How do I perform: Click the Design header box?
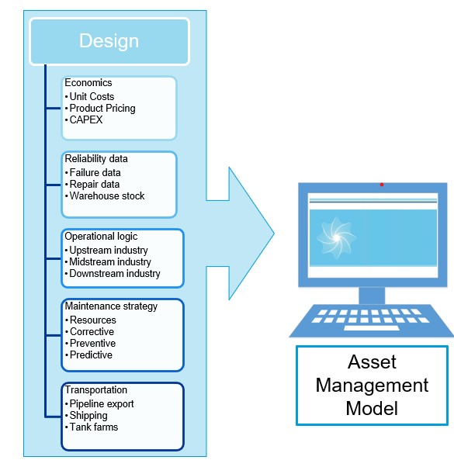coord(109,41)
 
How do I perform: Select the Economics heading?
coord(88,84)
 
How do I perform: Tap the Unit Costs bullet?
coord(92,96)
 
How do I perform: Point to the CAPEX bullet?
coord(86,120)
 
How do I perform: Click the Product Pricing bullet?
coord(102,109)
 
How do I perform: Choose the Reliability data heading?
coord(97,159)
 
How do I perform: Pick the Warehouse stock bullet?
coord(107,195)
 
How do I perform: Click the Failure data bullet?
coord(95,172)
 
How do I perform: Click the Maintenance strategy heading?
coord(111,306)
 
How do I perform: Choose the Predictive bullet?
coord(91,355)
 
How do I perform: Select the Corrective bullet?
coord(92,331)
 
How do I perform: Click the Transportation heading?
coord(96,390)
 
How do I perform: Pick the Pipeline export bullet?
coord(102,403)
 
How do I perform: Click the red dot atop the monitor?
coord(381,185)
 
